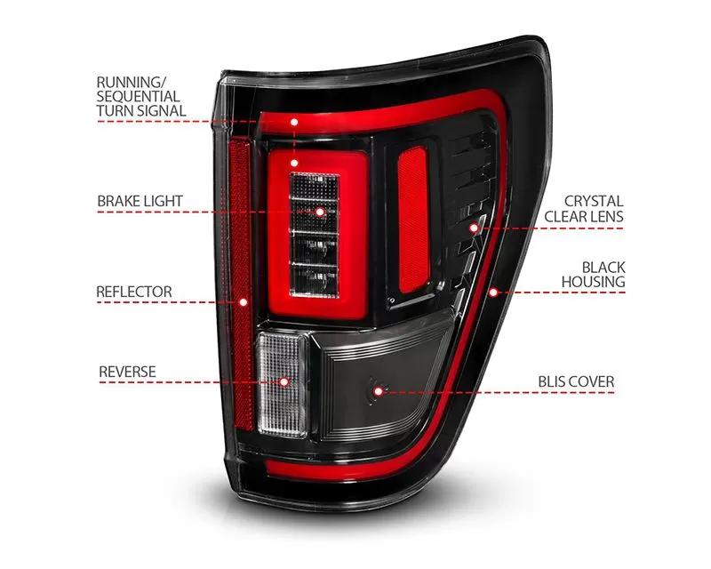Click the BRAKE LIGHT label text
(140, 201)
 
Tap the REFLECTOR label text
(134, 292)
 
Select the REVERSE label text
(127, 372)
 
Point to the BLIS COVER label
(576, 381)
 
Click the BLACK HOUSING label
(594, 274)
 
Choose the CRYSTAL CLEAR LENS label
(584, 209)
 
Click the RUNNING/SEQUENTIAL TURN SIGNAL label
(141, 96)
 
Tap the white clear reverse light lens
(283, 385)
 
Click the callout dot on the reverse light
(284, 382)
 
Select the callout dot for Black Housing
(493, 293)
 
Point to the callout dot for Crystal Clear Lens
(474, 228)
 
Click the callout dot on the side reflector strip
(244, 302)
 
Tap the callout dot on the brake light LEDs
(320, 212)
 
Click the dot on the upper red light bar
(294, 122)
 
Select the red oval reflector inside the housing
(413, 220)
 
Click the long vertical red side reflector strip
(240, 286)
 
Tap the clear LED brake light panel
(315, 235)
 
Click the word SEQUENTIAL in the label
(139, 96)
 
